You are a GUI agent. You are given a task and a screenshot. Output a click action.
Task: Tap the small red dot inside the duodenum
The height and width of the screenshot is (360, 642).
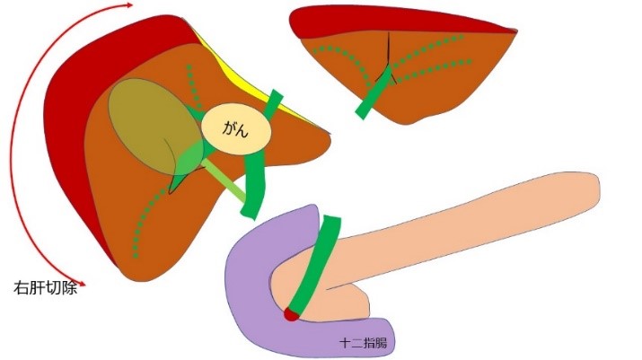click(290, 314)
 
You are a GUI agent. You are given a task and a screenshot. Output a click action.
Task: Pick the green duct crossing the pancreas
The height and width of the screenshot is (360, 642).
click(315, 265)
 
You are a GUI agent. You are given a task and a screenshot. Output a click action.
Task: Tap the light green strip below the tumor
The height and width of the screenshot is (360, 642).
click(224, 180)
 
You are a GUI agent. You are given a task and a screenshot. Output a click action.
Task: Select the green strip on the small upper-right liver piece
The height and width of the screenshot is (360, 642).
click(375, 95)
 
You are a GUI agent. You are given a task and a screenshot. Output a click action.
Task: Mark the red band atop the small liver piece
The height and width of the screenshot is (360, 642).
click(395, 21)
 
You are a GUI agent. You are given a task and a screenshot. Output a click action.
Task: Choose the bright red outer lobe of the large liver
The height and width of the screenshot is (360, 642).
click(67, 135)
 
